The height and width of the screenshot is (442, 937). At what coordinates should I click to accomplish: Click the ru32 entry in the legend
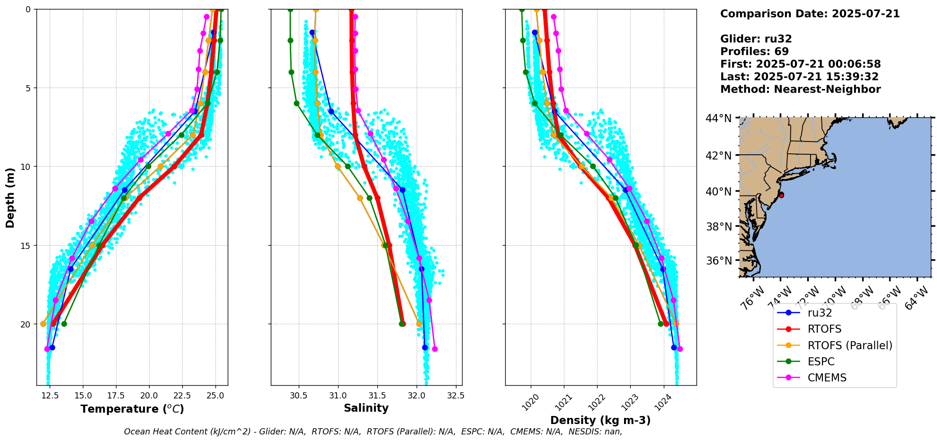pos(820,313)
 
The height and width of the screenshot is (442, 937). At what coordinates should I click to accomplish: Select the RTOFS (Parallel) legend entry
pos(849,345)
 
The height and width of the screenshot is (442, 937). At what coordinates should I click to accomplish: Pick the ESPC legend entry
pos(821,362)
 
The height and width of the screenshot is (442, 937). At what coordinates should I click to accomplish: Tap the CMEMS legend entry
pos(827,378)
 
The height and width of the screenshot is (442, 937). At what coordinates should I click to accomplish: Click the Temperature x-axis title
pos(132,409)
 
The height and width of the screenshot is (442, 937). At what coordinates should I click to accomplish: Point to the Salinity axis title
pos(366,408)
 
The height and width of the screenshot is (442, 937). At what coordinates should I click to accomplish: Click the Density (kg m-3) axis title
pos(600,420)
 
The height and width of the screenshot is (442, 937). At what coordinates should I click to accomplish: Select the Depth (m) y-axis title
pos(10,197)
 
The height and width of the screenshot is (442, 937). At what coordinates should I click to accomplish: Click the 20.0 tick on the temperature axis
pos(149,396)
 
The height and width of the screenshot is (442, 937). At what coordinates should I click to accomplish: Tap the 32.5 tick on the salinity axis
pos(455,396)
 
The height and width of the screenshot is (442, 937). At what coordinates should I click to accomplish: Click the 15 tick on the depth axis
pos(27,246)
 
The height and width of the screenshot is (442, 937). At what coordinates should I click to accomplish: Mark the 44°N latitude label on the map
pos(719,118)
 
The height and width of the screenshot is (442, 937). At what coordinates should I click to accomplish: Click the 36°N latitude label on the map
pos(719,261)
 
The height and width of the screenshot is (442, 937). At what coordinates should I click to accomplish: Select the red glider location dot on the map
pos(781,195)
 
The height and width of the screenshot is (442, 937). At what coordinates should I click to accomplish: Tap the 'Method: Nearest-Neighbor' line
pos(800,89)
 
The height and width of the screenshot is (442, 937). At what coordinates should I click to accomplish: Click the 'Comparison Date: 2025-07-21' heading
pos(810,14)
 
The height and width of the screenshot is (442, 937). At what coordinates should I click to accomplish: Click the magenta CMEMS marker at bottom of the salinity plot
pos(435,349)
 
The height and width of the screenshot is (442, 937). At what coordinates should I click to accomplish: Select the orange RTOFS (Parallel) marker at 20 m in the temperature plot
pos(44,324)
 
